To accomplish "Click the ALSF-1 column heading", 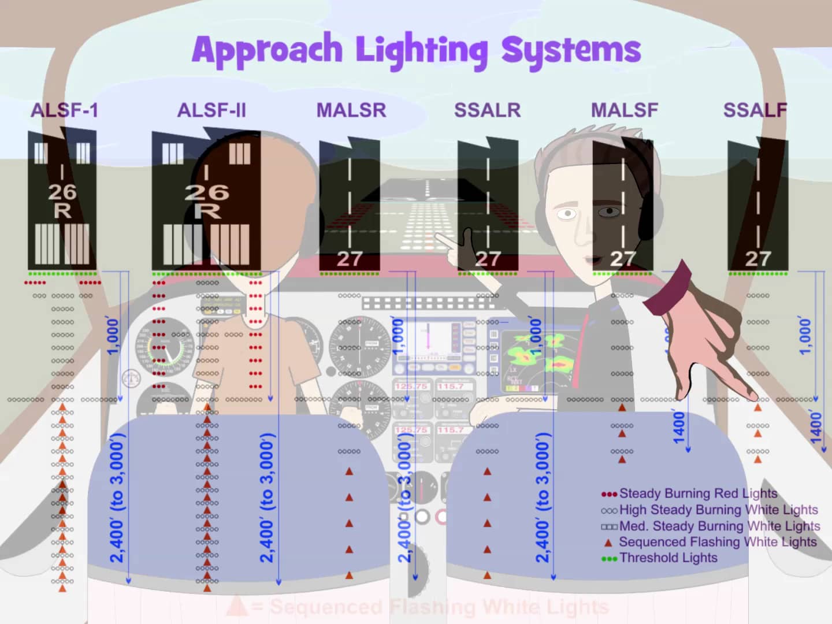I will (64, 110).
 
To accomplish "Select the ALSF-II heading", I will (211, 110).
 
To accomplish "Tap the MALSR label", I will (351, 110).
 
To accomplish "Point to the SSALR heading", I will (487, 110).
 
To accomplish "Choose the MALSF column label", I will (624, 110).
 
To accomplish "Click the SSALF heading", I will (755, 110).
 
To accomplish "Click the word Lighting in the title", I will (421, 50).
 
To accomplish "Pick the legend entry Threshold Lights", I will (668, 558).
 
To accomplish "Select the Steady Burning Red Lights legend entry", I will (698, 493).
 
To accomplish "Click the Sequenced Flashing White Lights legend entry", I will (717, 542).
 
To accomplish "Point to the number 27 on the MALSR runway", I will (350, 259).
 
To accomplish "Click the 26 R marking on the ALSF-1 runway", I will (62, 200).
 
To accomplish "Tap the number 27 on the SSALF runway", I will (757, 259).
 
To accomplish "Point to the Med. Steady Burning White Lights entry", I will (719, 526).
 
